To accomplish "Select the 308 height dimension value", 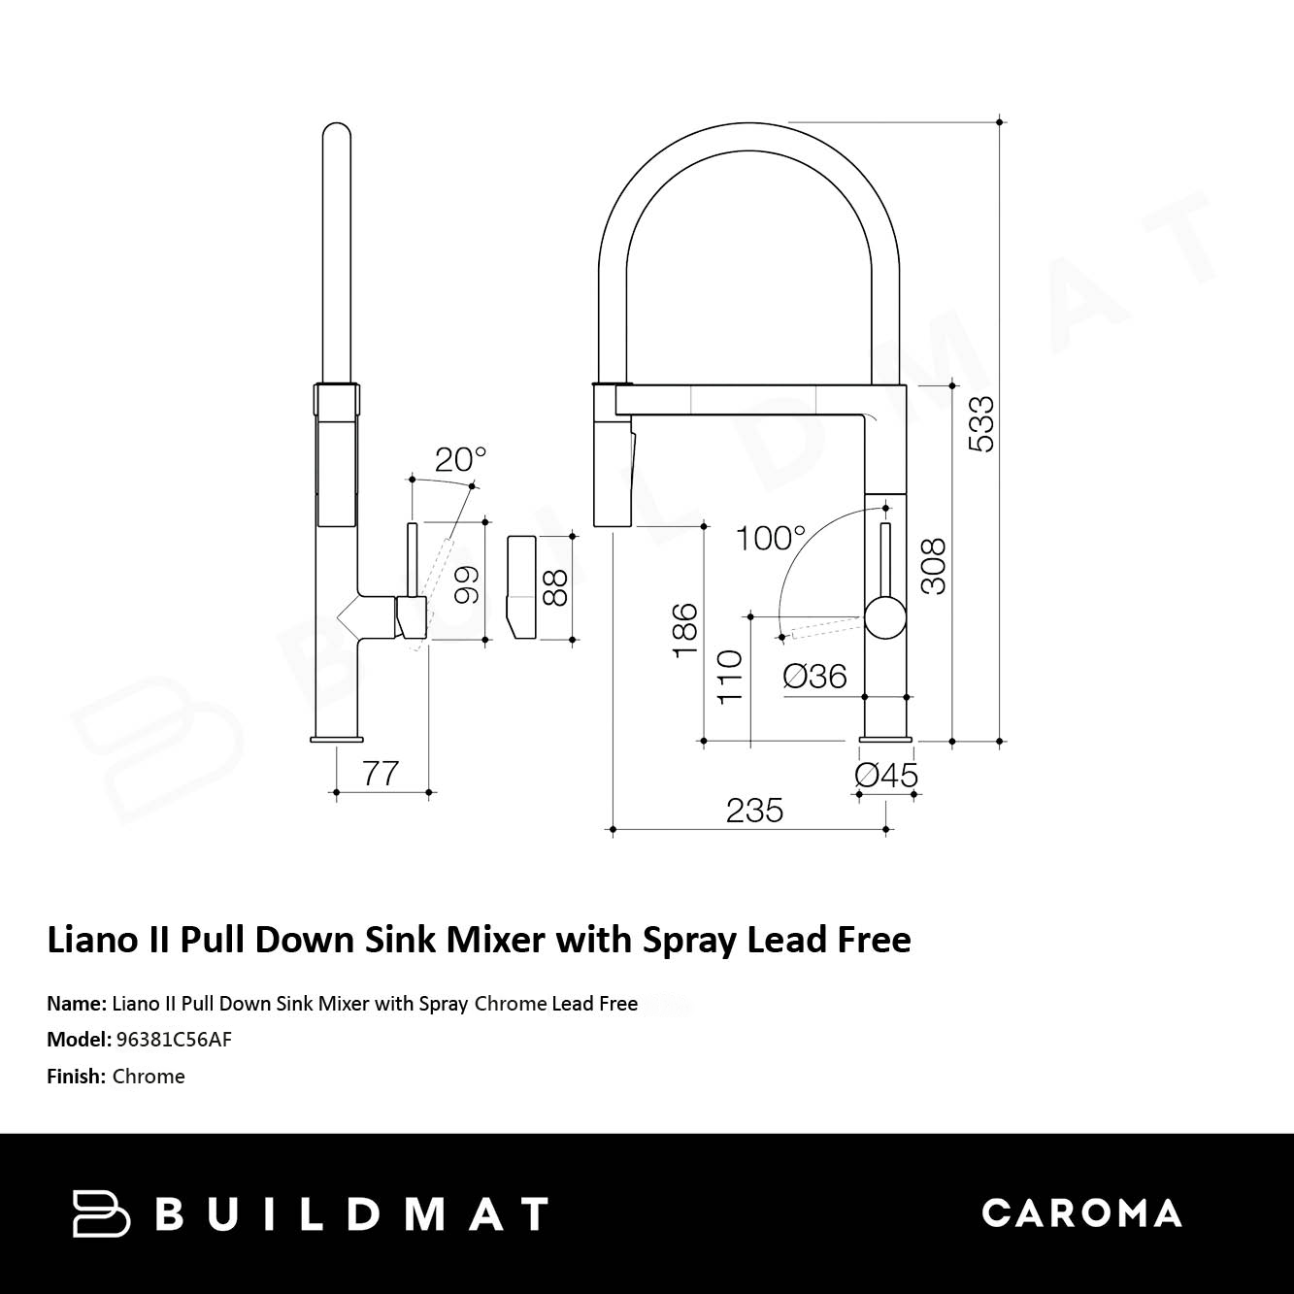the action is point(934,566).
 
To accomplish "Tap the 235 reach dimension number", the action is point(754,811).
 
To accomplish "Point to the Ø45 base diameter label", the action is point(885,776).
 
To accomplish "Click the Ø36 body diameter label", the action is point(815,677).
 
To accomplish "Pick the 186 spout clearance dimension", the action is point(685,631).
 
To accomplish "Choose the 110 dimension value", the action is point(731,677).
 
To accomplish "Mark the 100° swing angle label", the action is point(771,539).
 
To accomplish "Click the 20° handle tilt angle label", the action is point(460,460).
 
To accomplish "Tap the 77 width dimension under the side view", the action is point(381,774).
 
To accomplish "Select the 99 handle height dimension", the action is point(467,584).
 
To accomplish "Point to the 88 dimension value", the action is point(554,588).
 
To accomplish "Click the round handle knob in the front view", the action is point(885,617).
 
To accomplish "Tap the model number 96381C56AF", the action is point(174,1040).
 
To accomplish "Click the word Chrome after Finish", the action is point(149,1077).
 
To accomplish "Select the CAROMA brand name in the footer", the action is point(1081,1212).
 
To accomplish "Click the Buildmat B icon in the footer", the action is point(101,1212).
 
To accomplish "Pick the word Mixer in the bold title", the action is point(495,940).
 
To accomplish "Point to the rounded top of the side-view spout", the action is point(337,130).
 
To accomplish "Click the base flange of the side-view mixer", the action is point(337,740).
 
